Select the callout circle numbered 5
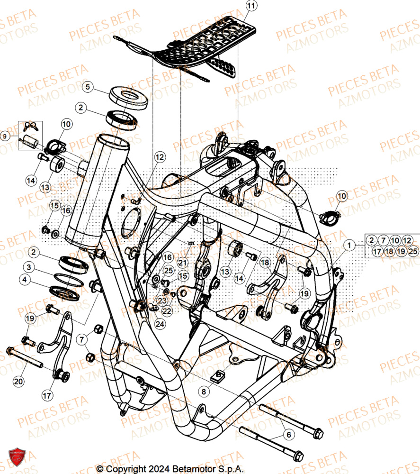pyautogui.click(x=88, y=87)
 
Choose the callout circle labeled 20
pyautogui.click(x=18, y=381)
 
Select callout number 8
pyautogui.click(x=204, y=392)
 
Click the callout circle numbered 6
pyautogui.click(x=288, y=434)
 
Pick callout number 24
pyautogui.click(x=160, y=324)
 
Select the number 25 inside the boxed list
pyautogui.click(x=413, y=252)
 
